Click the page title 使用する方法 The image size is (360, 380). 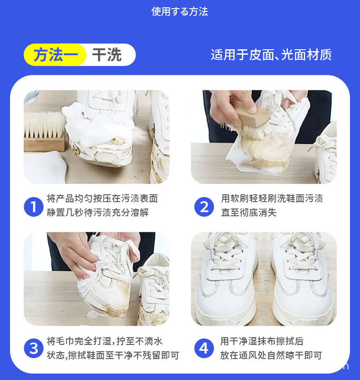(x=180, y=12)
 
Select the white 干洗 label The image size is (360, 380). (x=108, y=55)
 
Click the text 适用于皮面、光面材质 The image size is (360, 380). (x=271, y=55)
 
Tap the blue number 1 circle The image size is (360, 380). (x=33, y=206)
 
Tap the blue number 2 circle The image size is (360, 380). (x=204, y=206)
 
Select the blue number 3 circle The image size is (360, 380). (x=33, y=349)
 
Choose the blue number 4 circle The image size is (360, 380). (x=204, y=349)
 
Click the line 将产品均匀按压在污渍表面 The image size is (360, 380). (x=102, y=198)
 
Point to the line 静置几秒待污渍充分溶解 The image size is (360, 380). (x=98, y=213)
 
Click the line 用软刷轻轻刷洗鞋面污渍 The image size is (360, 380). (x=272, y=198)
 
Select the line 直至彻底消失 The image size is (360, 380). (x=249, y=213)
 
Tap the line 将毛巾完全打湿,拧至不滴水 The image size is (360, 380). (x=105, y=341)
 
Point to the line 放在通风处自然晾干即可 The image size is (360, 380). (x=271, y=355)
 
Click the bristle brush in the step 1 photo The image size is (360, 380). (x=44, y=132)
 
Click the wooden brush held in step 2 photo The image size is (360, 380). (x=248, y=116)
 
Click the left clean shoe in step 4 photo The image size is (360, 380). (x=228, y=283)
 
